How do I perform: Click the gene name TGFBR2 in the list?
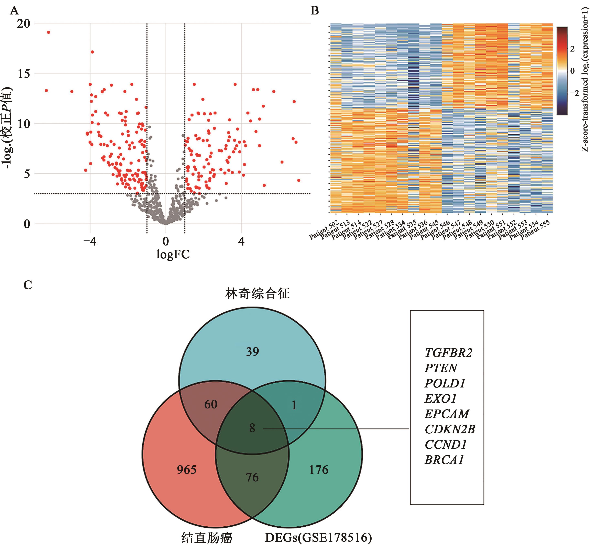click(448, 353)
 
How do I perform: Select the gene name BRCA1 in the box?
click(444, 460)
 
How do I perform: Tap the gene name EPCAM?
click(447, 414)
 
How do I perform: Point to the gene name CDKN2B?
click(450, 429)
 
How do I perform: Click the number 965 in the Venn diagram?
click(187, 470)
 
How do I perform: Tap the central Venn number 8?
click(252, 428)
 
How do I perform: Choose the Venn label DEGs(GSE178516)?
click(318, 537)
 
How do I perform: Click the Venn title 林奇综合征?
click(257, 293)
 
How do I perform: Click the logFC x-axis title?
click(173, 254)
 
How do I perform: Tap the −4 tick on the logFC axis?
click(90, 241)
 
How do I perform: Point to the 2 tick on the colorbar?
click(572, 49)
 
